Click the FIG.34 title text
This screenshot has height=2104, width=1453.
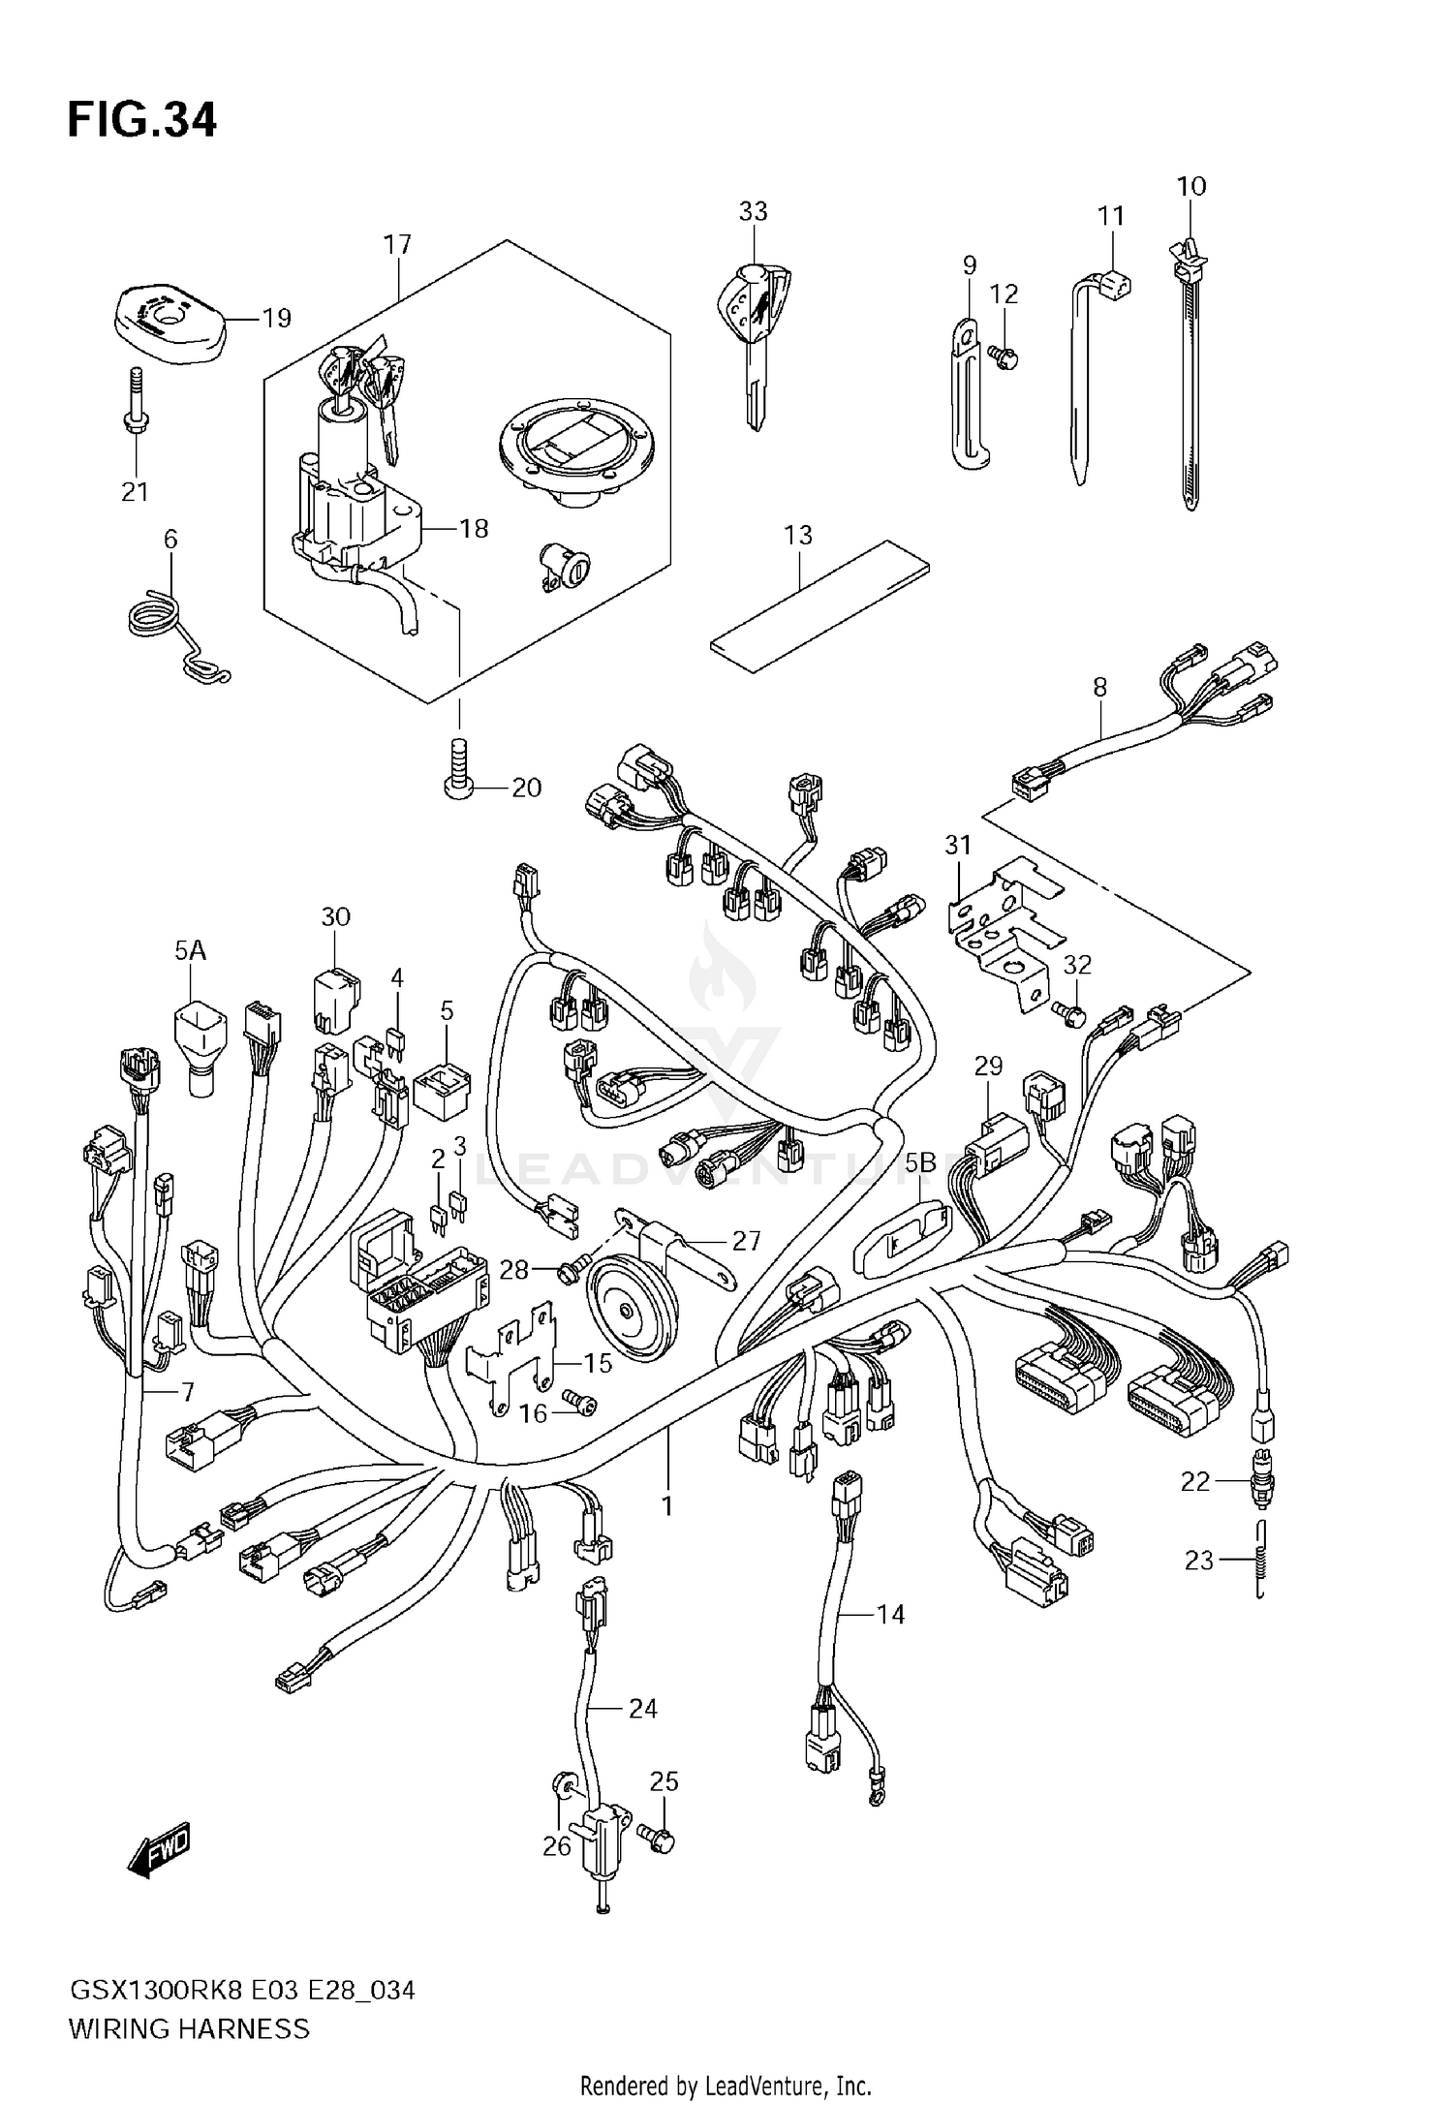141,121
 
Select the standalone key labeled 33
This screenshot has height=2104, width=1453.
753,329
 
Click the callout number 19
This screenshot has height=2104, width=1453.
277,318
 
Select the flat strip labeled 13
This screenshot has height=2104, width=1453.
819,607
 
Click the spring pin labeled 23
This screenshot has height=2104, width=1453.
1260,1559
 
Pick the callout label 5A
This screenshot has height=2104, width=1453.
190,950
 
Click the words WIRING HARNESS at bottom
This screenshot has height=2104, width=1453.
189,2027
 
